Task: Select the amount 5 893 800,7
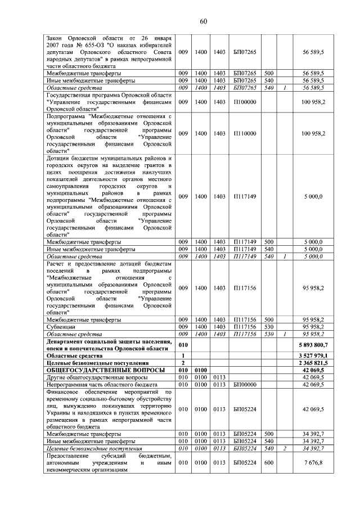tap(314, 344)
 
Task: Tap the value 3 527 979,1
tap(314, 356)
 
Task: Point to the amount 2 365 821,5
tap(314, 363)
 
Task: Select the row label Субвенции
tap(61, 326)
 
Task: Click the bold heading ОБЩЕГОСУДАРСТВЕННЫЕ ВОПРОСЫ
tap(105, 371)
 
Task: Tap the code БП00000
tap(244, 385)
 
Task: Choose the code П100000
tap(244, 103)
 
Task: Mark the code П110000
tap(244, 133)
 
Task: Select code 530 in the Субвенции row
tap(269, 326)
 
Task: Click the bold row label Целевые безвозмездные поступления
tap(93, 363)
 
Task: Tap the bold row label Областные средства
tap(74, 356)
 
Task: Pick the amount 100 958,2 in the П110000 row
tap(313, 133)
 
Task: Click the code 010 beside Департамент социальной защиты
tap(182, 344)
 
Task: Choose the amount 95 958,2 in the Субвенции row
tap(313, 326)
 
